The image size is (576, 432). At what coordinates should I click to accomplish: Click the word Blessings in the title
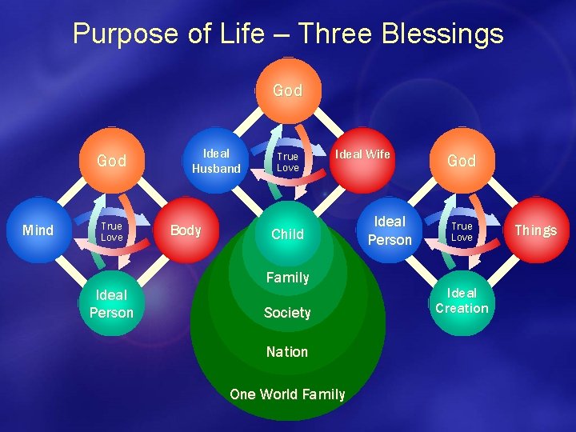coord(442,34)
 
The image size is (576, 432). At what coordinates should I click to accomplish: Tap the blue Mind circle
coord(38,230)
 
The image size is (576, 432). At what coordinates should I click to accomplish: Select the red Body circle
coord(186,230)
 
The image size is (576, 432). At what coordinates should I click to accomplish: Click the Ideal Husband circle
coord(216,160)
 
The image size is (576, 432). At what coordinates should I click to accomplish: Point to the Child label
coord(287,234)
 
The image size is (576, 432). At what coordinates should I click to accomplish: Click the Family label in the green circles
coord(287,278)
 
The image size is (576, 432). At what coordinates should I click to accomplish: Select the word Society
coord(287,313)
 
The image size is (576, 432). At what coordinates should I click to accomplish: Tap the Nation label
coord(287,352)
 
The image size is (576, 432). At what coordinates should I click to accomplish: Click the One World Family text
coord(287,394)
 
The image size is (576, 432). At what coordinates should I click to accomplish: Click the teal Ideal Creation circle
coord(462,301)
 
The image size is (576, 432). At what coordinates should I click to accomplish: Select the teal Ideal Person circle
coord(111,304)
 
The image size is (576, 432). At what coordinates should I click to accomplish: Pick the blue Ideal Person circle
coord(390,230)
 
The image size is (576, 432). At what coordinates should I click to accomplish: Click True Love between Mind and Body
coord(111,231)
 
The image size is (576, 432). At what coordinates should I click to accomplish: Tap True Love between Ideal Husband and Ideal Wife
coord(287,162)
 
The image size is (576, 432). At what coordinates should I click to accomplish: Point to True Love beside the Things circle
coord(462,231)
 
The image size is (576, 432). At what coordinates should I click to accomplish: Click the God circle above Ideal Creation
coord(462,161)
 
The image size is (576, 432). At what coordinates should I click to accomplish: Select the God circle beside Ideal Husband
coord(111,161)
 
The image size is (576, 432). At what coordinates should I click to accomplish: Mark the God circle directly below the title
coord(287,90)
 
